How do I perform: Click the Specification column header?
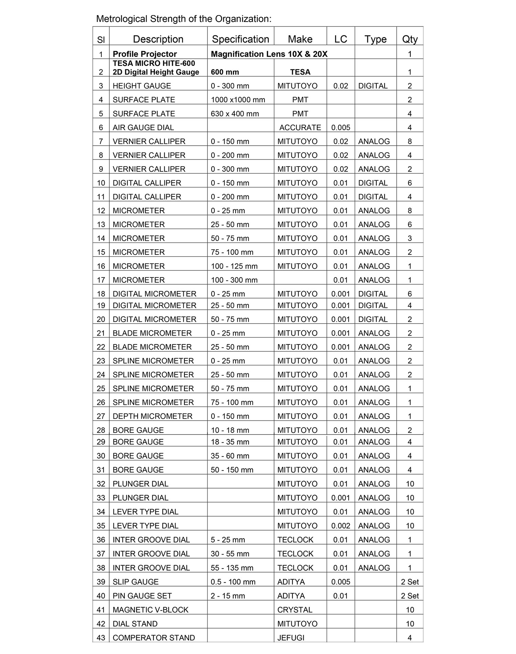[240, 39]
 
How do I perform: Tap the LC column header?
[341, 39]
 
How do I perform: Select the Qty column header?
[410, 39]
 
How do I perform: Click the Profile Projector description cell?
[144, 54]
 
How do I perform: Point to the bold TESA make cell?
[300, 72]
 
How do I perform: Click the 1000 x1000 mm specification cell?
[238, 100]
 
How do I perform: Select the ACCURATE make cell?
[300, 128]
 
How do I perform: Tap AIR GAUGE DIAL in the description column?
[143, 128]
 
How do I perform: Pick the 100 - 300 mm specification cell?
[234, 280]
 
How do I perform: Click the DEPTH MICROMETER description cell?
[152, 416]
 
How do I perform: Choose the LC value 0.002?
[341, 526]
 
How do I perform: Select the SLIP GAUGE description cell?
[136, 582]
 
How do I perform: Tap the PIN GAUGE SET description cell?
[142, 596]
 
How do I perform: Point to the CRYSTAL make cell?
[295, 610]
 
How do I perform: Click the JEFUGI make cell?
[291, 638]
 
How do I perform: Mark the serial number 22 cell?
[101, 347]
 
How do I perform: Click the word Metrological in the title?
[121, 19]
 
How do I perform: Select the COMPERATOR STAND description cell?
[154, 638]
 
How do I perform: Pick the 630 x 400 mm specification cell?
[235, 114]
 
